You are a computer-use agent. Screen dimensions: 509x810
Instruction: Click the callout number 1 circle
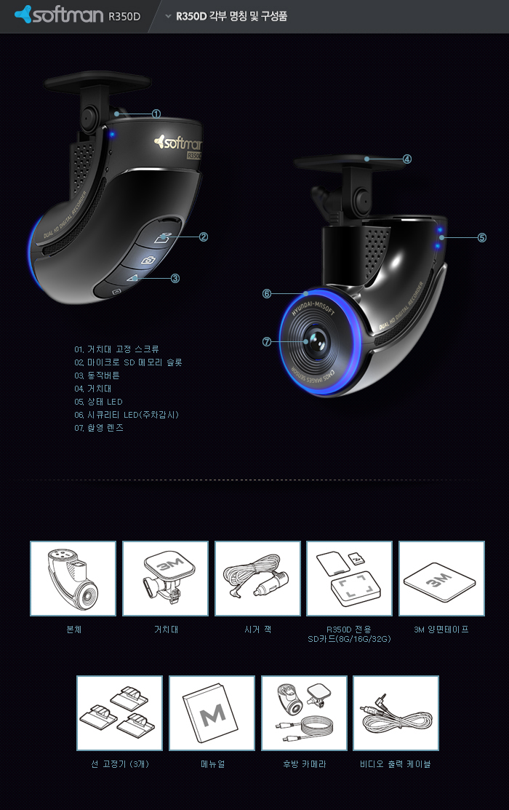click(156, 114)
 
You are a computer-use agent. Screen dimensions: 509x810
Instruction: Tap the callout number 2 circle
click(204, 237)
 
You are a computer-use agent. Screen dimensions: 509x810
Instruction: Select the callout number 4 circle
click(406, 159)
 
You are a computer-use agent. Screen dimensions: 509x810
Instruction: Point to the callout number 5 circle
click(481, 238)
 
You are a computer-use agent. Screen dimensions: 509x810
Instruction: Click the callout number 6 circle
click(266, 293)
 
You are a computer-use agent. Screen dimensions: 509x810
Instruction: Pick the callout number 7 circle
click(266, 341)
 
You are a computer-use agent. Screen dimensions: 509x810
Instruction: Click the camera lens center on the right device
click(316, 341)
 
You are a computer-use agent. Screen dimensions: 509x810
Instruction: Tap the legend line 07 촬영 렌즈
click(99, 428)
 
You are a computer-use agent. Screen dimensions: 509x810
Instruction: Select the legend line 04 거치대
click(93, 389)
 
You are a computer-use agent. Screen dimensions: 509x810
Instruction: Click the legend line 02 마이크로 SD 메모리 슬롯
click(128, 362)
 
